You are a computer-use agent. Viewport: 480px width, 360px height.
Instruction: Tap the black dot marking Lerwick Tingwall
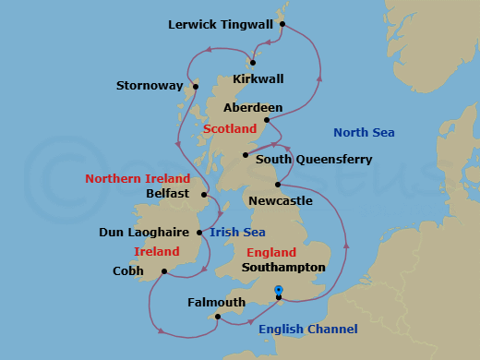tap(282, 24)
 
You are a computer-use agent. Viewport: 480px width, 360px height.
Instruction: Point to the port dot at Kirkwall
tap(251, 63)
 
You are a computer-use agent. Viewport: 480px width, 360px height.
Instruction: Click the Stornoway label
tap(149, 86)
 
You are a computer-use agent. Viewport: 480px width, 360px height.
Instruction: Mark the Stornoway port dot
tap(195, 88)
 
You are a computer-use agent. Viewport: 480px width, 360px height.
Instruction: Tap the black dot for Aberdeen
tap(267, 119)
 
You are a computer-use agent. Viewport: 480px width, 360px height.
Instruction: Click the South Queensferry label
tap(314, 160)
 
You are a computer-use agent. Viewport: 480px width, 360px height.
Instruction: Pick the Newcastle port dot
tap(278, 186)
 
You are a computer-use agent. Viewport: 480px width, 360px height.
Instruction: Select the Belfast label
tap(168, 194)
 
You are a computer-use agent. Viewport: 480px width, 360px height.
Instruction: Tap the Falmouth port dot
tap(217, 317)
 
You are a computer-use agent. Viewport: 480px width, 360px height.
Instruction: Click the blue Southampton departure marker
tap(279, 291)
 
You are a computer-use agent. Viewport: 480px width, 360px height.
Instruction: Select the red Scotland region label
tap(229, 129)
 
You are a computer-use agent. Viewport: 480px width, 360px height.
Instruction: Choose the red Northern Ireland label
tap(138, 178)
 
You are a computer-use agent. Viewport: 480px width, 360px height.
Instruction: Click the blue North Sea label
tap(364, 133)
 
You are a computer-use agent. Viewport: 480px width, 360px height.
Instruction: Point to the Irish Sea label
tap(237, 233)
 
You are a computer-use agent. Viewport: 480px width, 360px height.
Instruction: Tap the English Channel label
tap(306, 330)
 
